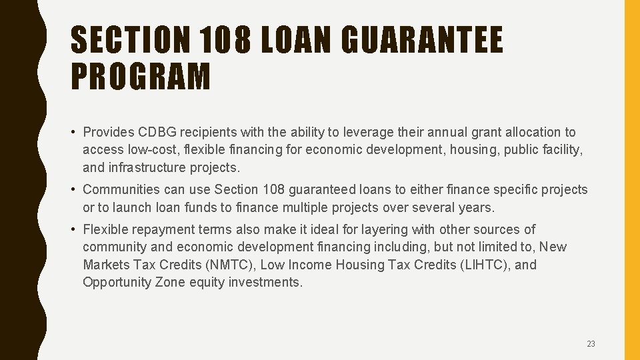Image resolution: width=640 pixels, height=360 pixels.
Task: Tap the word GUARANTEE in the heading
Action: point(422,39)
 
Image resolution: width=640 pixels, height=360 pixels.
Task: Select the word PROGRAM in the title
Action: point(140,75)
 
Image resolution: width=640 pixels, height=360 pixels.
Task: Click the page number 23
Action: point(591,344)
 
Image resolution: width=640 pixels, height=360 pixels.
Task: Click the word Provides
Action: point(108,133)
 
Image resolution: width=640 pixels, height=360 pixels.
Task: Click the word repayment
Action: point(169,230)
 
